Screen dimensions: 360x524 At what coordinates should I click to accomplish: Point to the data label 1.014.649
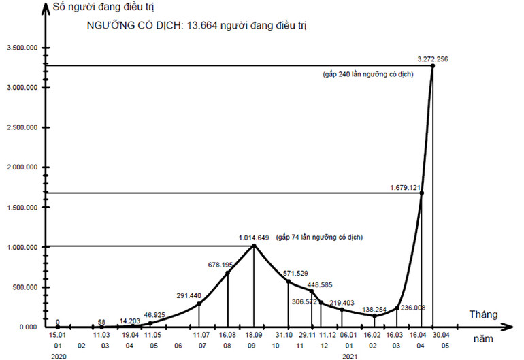pyautogui.click(x=255, y=238)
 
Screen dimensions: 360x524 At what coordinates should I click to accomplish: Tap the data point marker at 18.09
pyautogui.click(x=254, y=246)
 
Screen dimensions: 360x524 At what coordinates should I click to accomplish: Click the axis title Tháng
pyautogui.click(x=485, y=314)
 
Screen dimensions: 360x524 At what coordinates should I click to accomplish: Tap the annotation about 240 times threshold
pyautogui.click(x=367, y=73)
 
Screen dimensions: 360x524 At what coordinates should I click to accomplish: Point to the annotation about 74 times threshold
pyautogui.click(x=319, y=238)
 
